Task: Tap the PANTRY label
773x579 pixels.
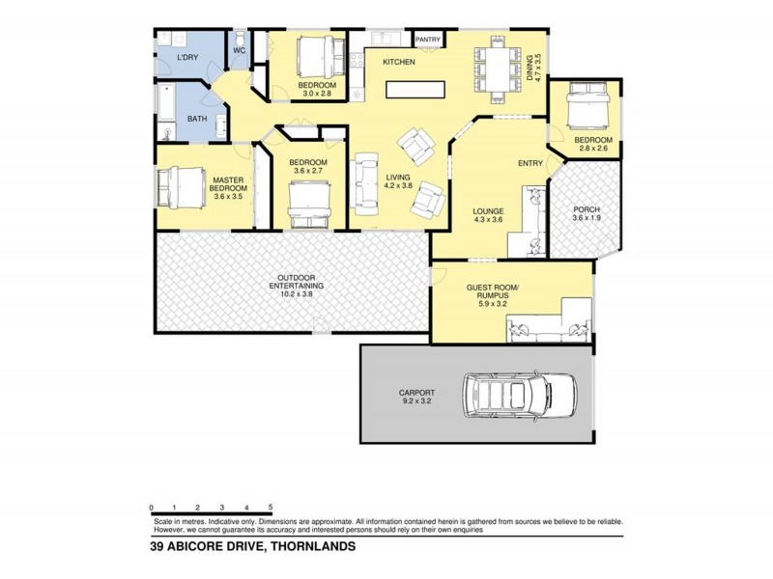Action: pos(428,40)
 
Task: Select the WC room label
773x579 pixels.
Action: pos(240,50)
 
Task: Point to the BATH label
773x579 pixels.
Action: pos(196,119)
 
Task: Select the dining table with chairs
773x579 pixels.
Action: pos(493,69)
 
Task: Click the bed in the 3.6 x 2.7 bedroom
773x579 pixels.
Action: pos(316,205)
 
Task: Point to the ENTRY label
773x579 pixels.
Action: pos(530,163)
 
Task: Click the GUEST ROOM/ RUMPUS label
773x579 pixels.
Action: pos(494,294)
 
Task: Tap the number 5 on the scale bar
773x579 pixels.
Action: pos(271,507)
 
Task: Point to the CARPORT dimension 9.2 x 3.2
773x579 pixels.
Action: pos(416,402)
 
